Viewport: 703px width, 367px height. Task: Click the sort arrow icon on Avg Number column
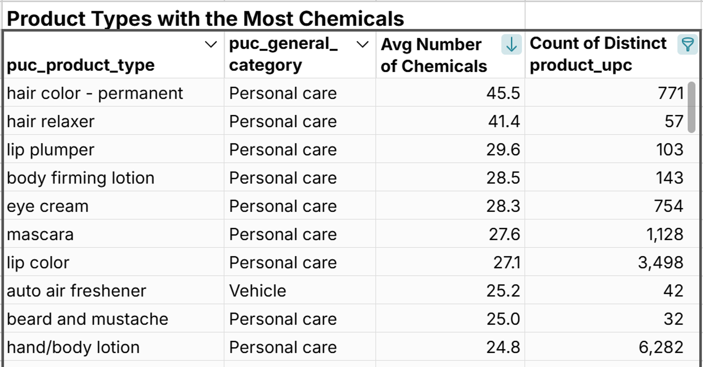[511, 44]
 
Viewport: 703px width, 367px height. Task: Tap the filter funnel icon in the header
[687, 44]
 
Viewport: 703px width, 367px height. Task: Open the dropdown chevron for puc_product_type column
[211, 44]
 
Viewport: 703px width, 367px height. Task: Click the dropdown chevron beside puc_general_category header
[362, 44]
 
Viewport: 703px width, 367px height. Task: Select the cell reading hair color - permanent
[95, 94]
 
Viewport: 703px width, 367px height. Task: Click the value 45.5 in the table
[503, 94]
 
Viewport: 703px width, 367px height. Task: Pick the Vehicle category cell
[257, 291]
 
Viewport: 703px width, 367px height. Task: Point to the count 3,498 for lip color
[660, 263]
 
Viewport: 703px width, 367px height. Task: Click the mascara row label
[40, 235]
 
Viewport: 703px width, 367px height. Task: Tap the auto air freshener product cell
[76, 291]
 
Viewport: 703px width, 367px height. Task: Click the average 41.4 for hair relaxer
[504, 122]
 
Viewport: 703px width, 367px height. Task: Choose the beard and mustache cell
[87, 319]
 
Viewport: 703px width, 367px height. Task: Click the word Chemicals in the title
[351, 19]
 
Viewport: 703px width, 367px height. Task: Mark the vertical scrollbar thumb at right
[691, 107]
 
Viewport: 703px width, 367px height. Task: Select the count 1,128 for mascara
[665, 235]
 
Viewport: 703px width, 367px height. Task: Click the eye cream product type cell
[48, 206]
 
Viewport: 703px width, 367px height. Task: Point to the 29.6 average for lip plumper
[503, 150]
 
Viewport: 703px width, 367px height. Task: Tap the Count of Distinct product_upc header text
[598, 54]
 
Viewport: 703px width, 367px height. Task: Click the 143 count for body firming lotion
[669, 178]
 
